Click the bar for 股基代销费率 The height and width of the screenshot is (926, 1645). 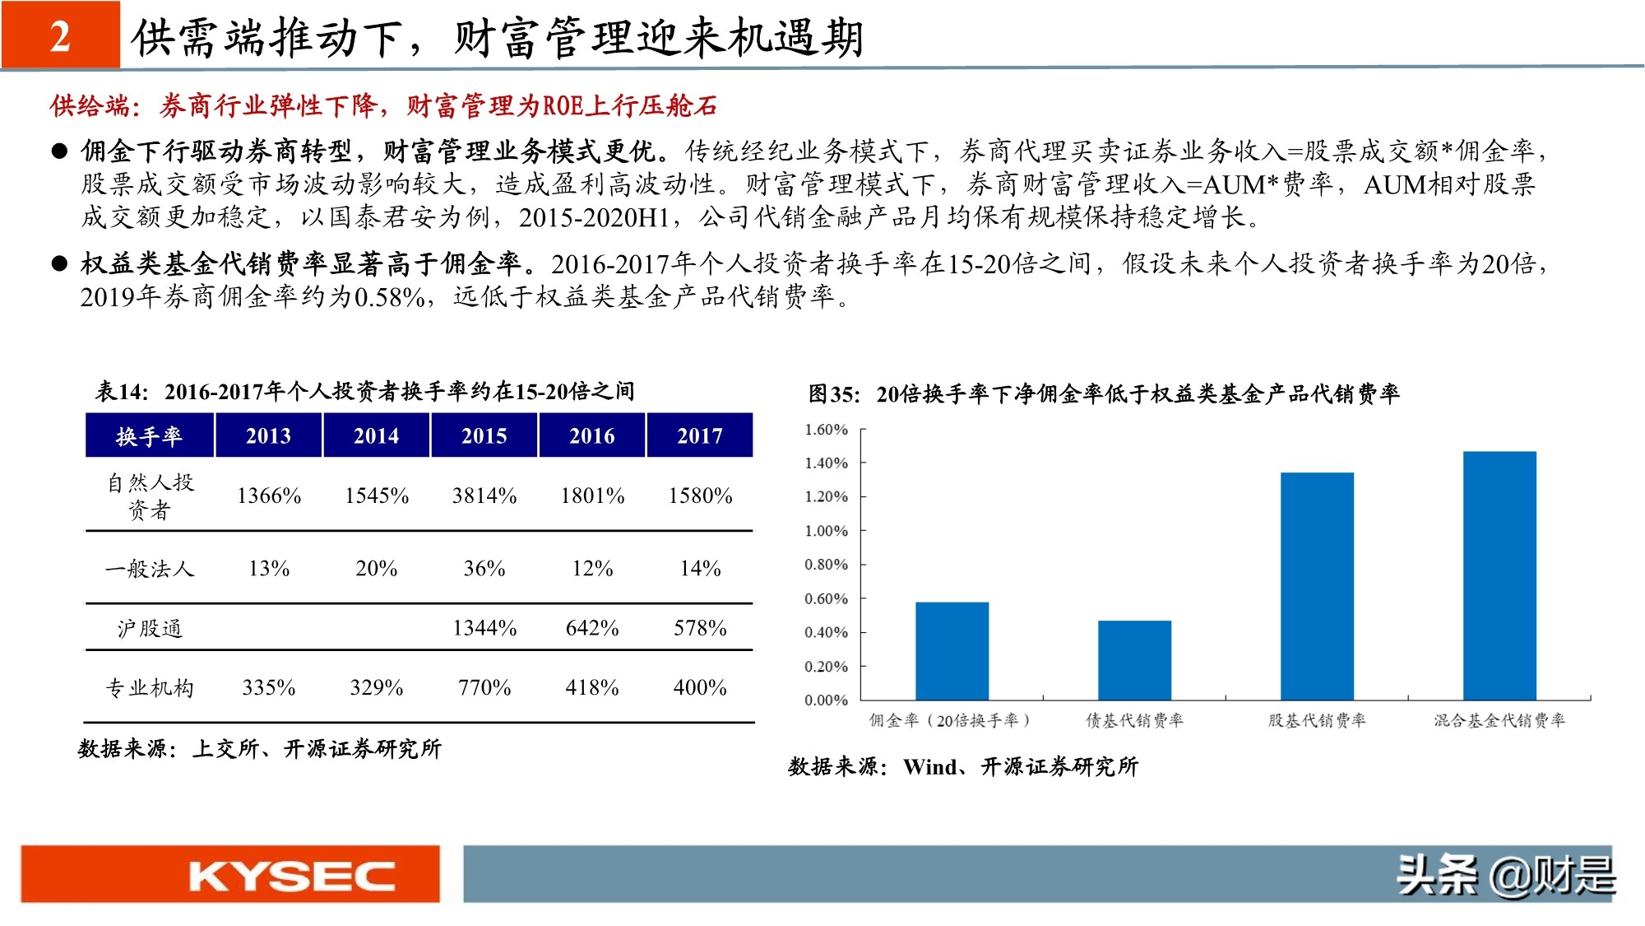pyautogui.click(x=1317, y=586)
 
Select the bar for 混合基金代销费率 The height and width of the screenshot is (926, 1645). pyautogui.click(x=1499, y=575)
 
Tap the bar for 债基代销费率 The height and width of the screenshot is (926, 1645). pyautogui.click(x=1134, y=660)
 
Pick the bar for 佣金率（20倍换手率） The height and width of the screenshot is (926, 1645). pyautogui.click(x=952, y=651)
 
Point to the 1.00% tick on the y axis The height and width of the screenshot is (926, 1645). pyautogui.click(x=826, y=531)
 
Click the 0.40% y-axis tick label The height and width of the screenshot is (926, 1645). pyautogui.click(x=826, y=632)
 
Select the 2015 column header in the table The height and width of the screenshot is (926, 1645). pyautogui.click(x=484, y=435)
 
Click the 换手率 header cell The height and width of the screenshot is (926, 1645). pyautogui.click(x=149, y=435)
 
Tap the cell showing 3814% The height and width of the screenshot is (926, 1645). pyautogui.click(x=484, y=496)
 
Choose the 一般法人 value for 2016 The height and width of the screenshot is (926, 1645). pyautogui.click(x=592, y=569)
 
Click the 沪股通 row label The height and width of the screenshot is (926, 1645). pyautogui.click(x=149, y=629)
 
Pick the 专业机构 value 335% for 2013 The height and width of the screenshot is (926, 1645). pyautogui.click(x=268, y=687)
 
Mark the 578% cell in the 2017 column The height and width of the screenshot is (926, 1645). pyautogui.click(x=700, y=628)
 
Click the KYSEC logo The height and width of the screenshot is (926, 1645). pyautogui.click(x=230, y=875)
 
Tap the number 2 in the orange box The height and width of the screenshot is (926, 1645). pyautogui.click(x=60, y=36)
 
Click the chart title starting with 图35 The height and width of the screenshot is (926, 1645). pyautogui.click(x=1103, y=394)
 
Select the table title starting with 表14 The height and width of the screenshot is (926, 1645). pyautogui.click(x=364, y=391)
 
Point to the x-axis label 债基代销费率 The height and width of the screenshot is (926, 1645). pyautogui.click(x=1134, y=721)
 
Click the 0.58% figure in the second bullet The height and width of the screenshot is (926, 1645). pyautogui.click(x=390, y=297)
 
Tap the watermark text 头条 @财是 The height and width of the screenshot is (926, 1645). pyautogui.click(x=1505, y=875)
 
